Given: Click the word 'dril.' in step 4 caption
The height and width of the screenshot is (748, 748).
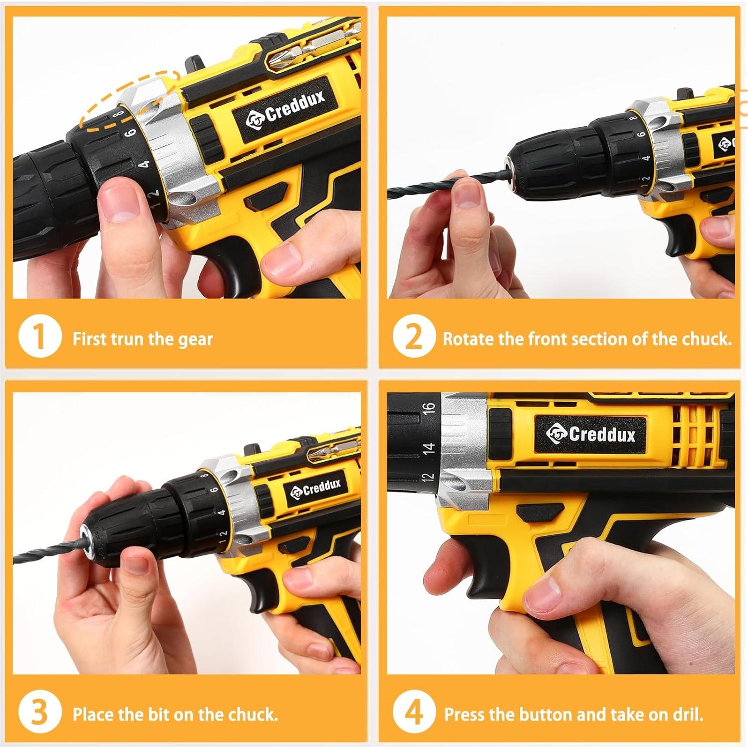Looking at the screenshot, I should point(687,715).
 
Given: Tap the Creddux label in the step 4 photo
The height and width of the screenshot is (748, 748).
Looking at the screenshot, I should point(591,434).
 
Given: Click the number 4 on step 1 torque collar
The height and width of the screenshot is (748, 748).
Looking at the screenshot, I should point(144,164).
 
